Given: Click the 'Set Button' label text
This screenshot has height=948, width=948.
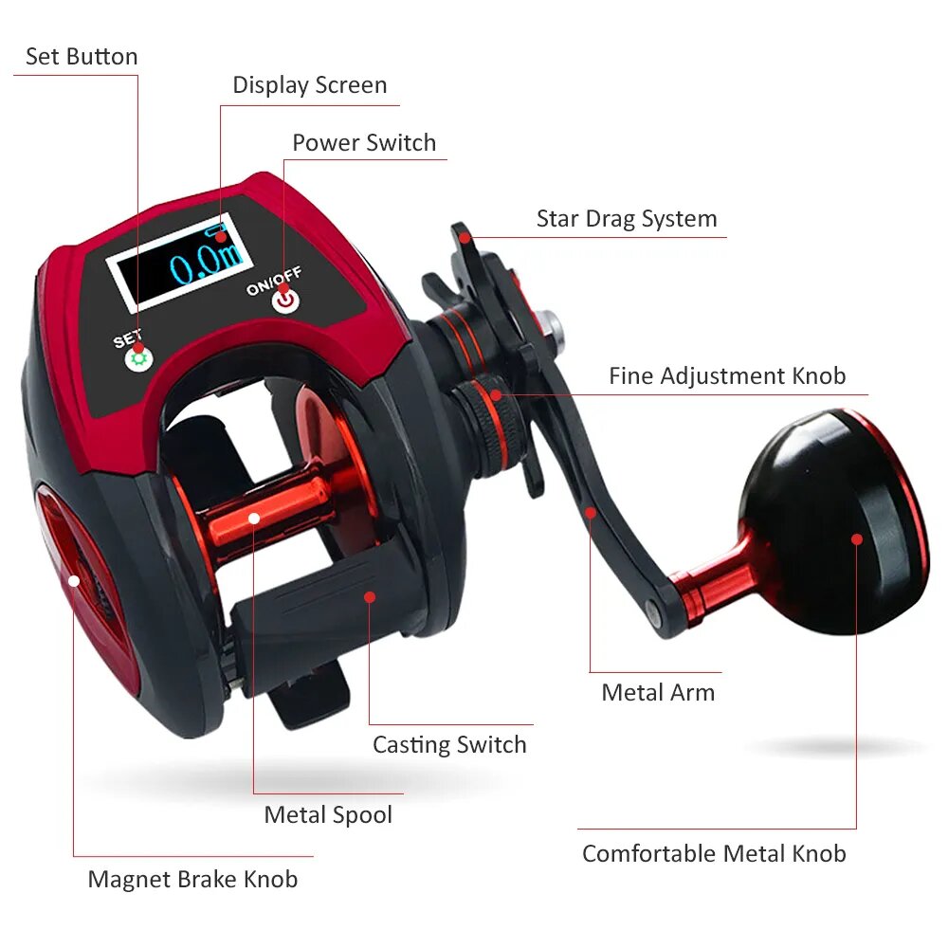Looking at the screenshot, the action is (x=82, y=56).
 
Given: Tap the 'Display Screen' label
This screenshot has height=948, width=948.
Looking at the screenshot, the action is (x=310, y=85).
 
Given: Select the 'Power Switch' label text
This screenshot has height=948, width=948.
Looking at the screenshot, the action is (x=364, y=143).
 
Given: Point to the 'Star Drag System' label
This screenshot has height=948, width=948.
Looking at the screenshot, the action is (x=627, y=219).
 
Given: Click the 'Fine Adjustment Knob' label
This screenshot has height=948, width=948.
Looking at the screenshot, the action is (x=727, y=376).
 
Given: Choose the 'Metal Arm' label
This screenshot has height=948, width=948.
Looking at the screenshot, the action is (x=658, y=692).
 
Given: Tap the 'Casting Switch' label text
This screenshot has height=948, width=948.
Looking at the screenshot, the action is (x=449, y=745).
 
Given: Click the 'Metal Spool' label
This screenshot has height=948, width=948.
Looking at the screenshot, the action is (x=328, y=814).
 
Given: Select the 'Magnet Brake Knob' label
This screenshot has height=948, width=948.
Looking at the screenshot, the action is (x=192, y=879).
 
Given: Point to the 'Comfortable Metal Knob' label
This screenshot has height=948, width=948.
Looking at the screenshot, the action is (x=714, y=854).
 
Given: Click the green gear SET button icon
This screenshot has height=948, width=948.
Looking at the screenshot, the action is (x=139, y=359).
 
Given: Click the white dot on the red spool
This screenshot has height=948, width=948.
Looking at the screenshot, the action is (x=254, y=519).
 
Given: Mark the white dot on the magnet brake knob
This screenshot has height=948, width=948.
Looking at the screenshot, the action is (x=74, y=581).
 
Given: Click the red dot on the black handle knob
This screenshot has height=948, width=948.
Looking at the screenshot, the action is (x=857, y=539).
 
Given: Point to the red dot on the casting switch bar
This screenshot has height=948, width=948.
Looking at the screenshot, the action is (x=370, y=597).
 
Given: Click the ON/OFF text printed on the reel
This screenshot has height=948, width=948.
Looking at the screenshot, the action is (x=274, y=282).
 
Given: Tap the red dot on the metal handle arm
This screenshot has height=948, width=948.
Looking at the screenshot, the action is (x=591, y=513).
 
